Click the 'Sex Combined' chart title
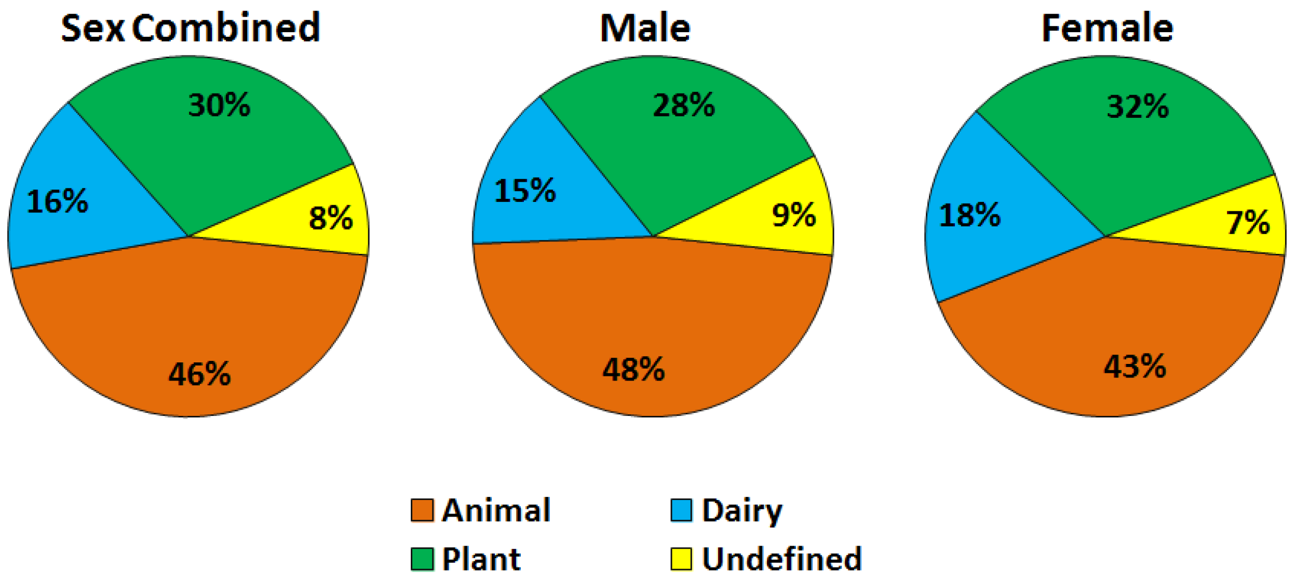click(191, 28)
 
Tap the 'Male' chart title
click(645, 28)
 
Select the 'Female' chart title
click(1107, 28)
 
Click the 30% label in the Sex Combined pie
click(219, 105)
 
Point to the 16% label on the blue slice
click(57, 201)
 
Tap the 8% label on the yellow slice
click(331, 218)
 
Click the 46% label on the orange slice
click(199, 374)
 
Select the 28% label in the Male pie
click(683, 105)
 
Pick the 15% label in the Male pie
click(525, 191)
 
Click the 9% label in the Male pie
click(794, 215)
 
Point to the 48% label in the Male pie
click(633, 370)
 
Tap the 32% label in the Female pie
click(1138, 107)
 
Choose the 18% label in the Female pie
click(969, 215)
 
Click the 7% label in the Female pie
click(1248, 222)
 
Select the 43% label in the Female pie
click(1135, 367)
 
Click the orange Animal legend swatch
click(422, 510)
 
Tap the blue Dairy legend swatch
click(681, 510)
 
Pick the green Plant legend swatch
click(422, 559)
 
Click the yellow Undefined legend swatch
click(681, 559)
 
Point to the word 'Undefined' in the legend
click(781, 559)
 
